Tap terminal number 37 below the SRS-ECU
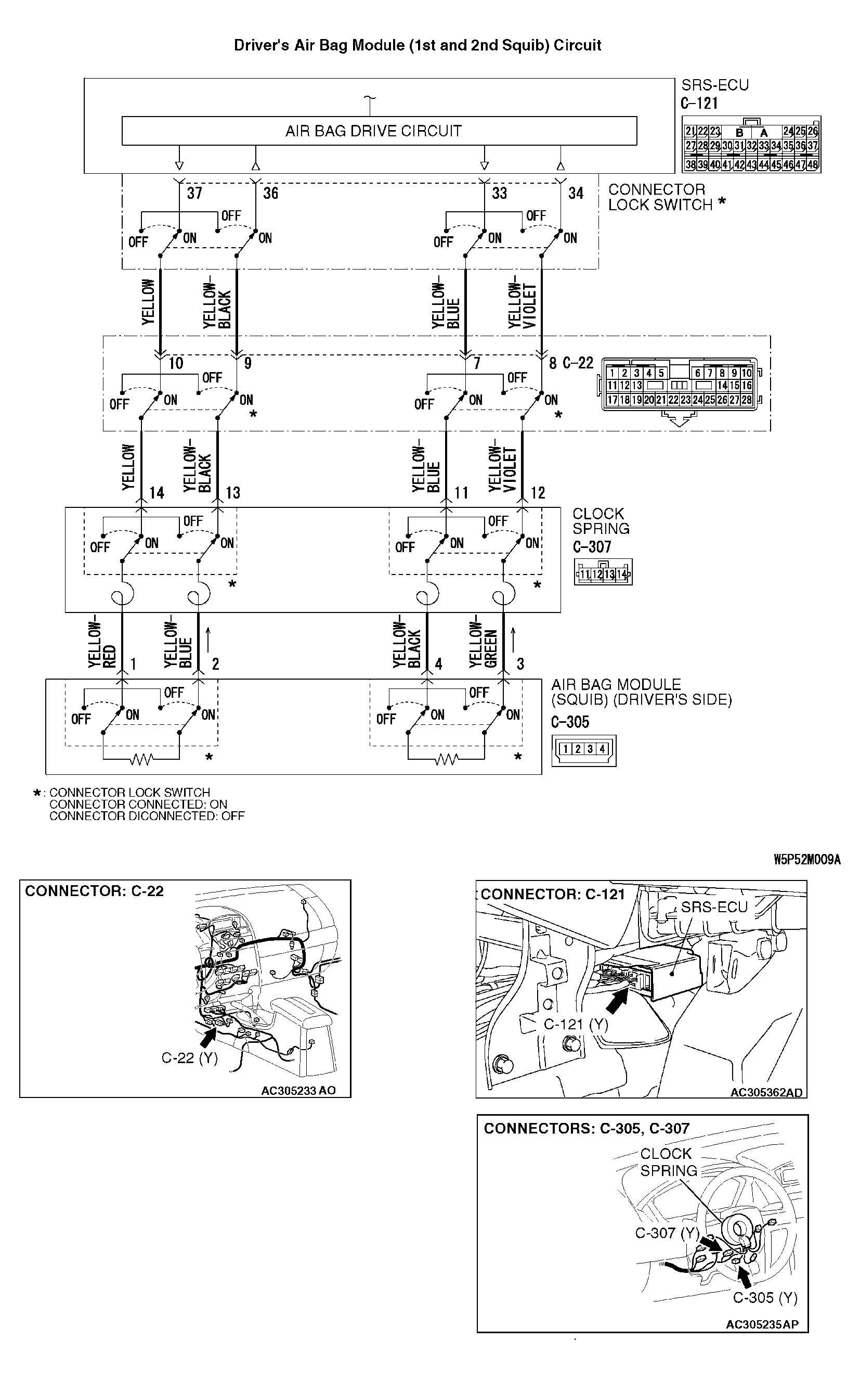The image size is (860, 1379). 194,194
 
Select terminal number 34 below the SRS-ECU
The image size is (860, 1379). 576,194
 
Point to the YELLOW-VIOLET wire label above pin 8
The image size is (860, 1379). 522,305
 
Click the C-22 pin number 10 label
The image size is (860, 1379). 176,363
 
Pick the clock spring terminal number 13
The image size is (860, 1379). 232,493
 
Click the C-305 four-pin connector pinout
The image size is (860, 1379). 583,749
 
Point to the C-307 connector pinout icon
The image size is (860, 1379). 603,573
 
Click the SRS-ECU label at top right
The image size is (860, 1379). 715,85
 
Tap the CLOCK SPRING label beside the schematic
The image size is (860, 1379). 601,521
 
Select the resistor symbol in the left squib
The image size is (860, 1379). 141,760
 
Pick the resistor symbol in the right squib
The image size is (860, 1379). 447,760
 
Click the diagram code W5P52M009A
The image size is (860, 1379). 806,859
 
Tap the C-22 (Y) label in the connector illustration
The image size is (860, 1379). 189,1058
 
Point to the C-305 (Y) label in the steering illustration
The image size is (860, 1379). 765,1298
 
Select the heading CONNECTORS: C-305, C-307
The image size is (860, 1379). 587,1129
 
